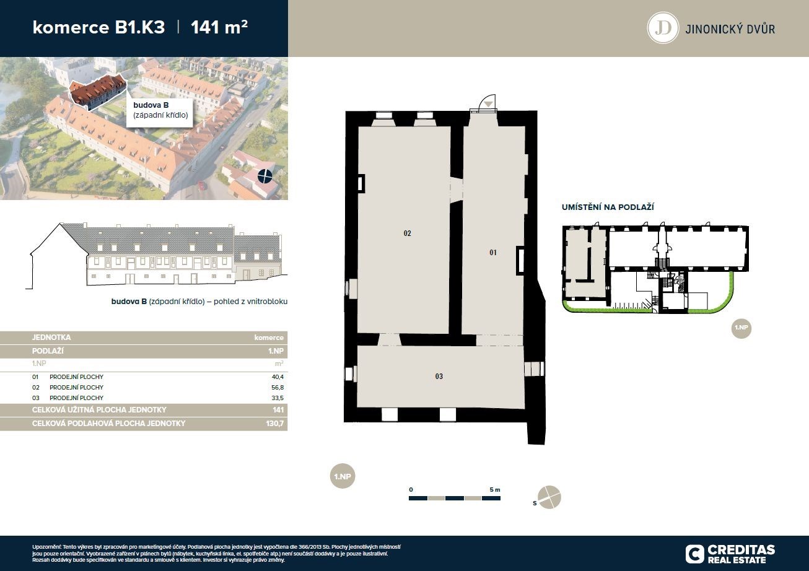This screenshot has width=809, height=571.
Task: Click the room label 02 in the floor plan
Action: point(407,233)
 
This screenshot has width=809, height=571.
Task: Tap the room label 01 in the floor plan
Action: point(492,253)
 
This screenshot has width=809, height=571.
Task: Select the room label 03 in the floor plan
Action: point(439,377)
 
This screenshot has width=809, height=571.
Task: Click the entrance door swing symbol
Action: point(486,103)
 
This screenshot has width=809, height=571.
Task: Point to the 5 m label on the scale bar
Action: point(495,490)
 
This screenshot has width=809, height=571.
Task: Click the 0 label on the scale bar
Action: point(411,490)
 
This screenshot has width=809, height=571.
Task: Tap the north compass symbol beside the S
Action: point(549,497)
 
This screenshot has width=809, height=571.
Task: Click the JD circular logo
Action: point(663,28)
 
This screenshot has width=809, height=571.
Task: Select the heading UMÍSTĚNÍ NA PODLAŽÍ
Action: point(608,207)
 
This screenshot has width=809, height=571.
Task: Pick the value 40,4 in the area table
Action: point(278,377)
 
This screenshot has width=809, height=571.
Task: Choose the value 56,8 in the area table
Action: point(278,387)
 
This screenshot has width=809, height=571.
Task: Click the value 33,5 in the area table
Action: point(278,398)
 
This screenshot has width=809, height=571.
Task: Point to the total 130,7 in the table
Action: point(275,423)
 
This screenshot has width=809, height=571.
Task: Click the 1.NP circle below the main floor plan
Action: point(343,476)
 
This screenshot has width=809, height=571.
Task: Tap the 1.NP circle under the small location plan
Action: point(741,328)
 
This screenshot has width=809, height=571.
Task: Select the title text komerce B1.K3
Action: point(98,27)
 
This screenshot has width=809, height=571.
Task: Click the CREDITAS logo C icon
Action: point(695,554)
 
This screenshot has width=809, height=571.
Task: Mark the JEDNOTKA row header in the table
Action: point(51,338)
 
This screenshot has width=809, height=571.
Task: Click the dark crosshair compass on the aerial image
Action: point(265,176)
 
